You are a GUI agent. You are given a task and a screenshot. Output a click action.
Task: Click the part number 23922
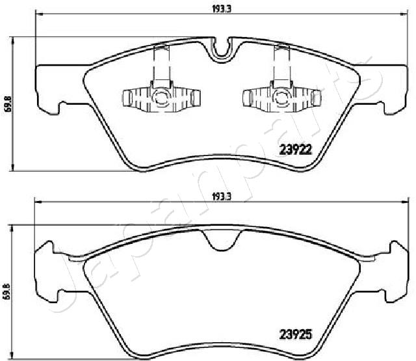pyautogui.click(x=296, y=148)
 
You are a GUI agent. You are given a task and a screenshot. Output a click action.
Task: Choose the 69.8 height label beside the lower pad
pyautogui.click(x=8, y=292)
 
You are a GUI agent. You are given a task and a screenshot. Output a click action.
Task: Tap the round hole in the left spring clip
pyautogui.click(x=159, y=99)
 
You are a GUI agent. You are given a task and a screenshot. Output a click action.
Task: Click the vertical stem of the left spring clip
pyautogui.click(x=159, y=65)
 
